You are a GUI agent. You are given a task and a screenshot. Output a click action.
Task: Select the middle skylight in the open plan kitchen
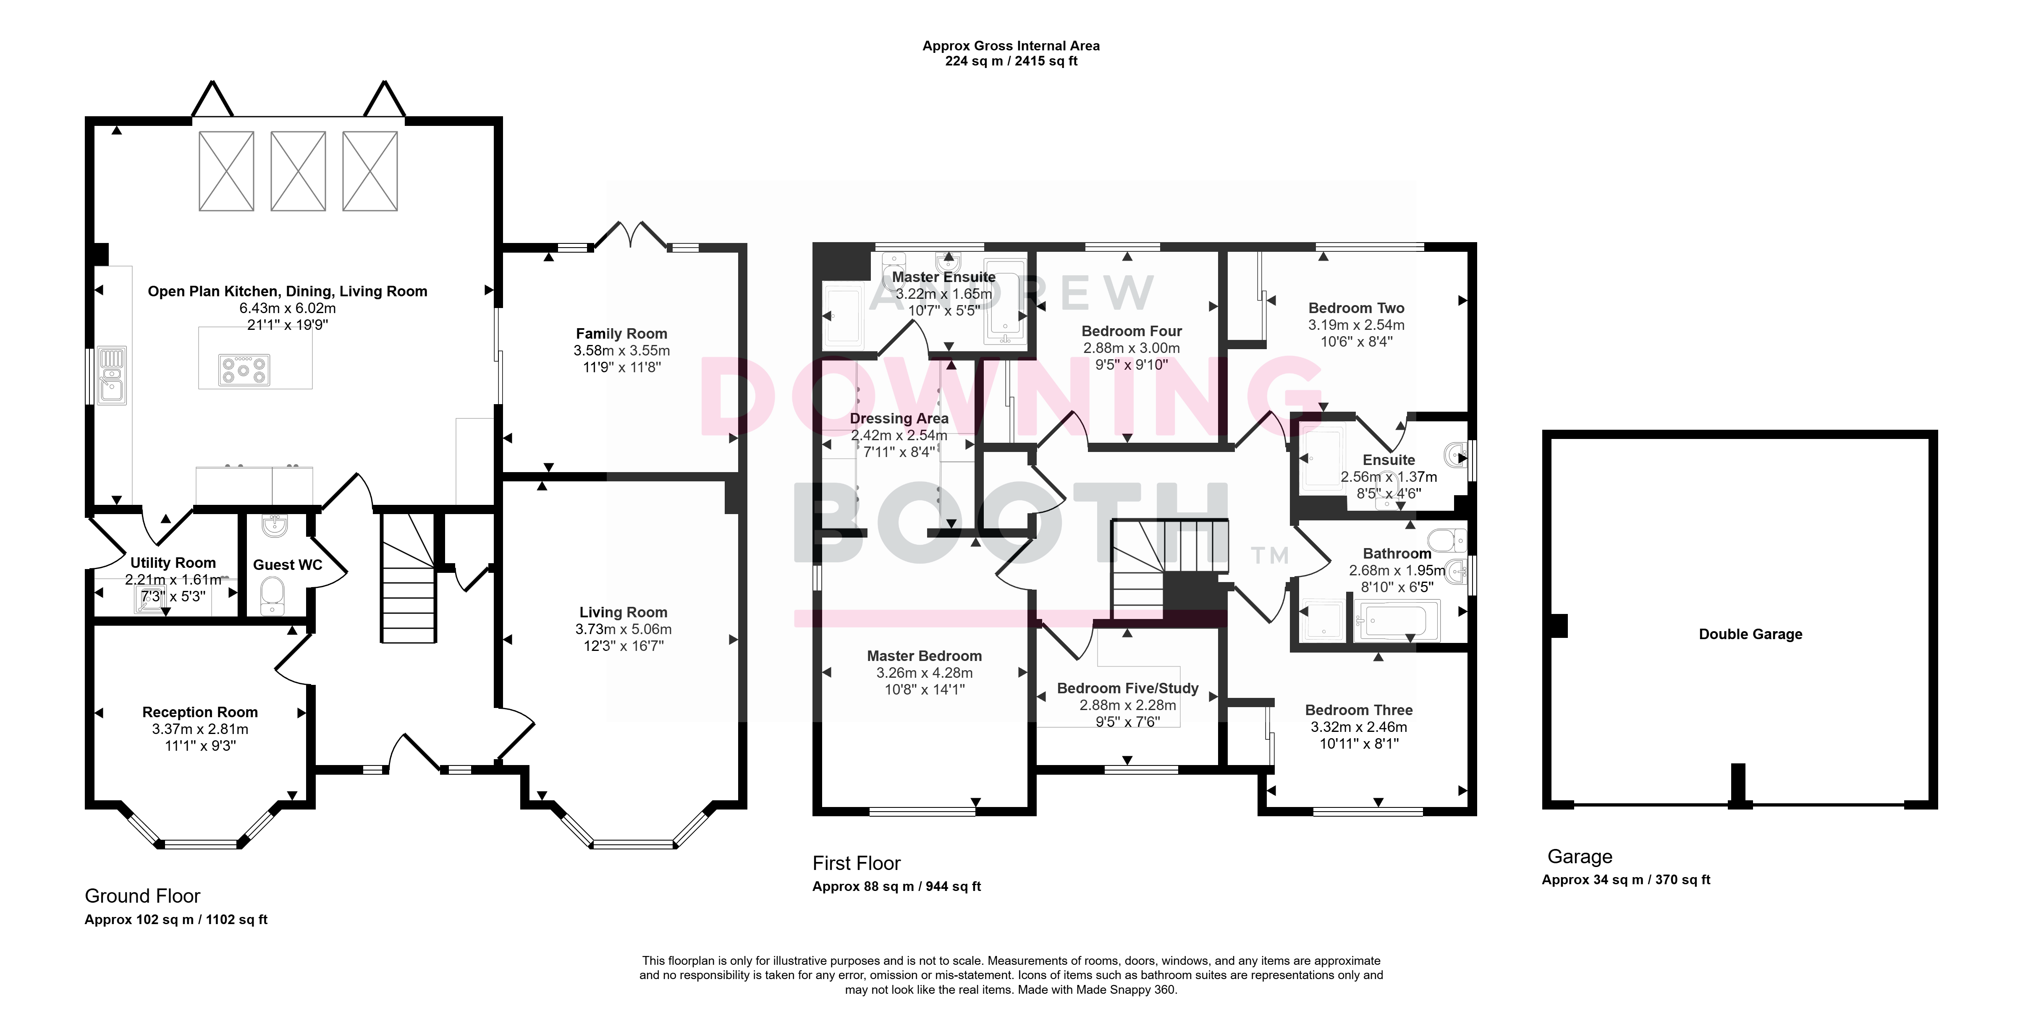299,171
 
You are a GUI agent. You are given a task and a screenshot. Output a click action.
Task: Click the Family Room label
621,334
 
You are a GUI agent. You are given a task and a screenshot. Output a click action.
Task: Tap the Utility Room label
173,563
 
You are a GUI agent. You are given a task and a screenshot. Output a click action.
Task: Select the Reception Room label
200,712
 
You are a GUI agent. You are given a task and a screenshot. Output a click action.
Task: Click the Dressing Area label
899,418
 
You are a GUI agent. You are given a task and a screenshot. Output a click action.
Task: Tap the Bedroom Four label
1132,332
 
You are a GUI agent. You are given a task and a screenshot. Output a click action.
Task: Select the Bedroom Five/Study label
1128,689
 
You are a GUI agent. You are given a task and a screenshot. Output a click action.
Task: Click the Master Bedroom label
924,656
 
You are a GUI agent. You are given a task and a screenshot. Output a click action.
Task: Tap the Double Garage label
1750,635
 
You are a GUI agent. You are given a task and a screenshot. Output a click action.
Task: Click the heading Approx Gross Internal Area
1011,46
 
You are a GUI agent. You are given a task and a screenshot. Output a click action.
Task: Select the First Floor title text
856,864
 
